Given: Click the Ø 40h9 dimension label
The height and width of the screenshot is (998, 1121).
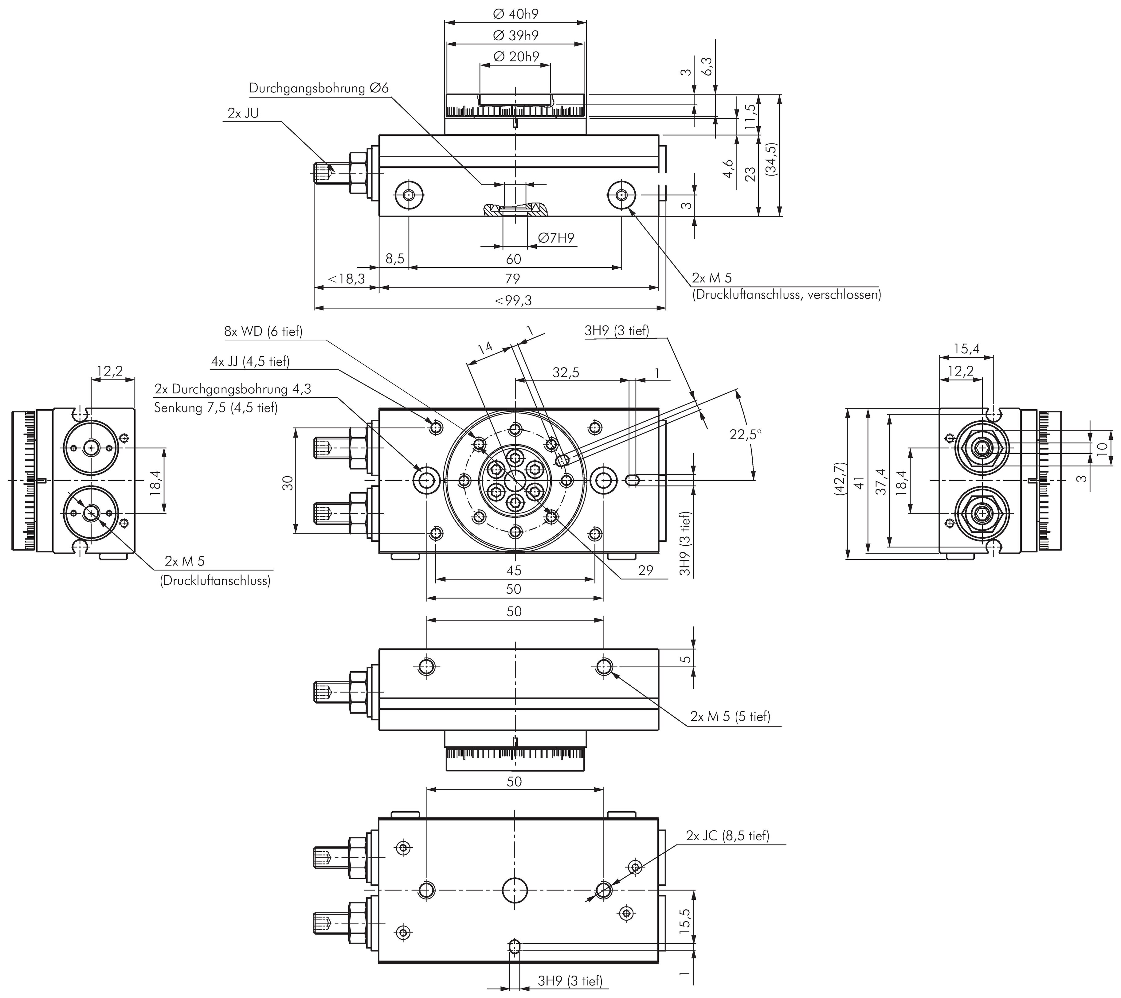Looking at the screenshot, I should [515, 14].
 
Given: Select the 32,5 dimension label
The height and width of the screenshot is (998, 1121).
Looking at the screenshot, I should [566, 373].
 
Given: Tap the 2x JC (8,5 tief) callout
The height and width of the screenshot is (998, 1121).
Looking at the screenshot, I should [727, 836].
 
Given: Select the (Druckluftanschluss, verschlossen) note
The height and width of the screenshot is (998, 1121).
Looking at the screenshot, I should [786, 294].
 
